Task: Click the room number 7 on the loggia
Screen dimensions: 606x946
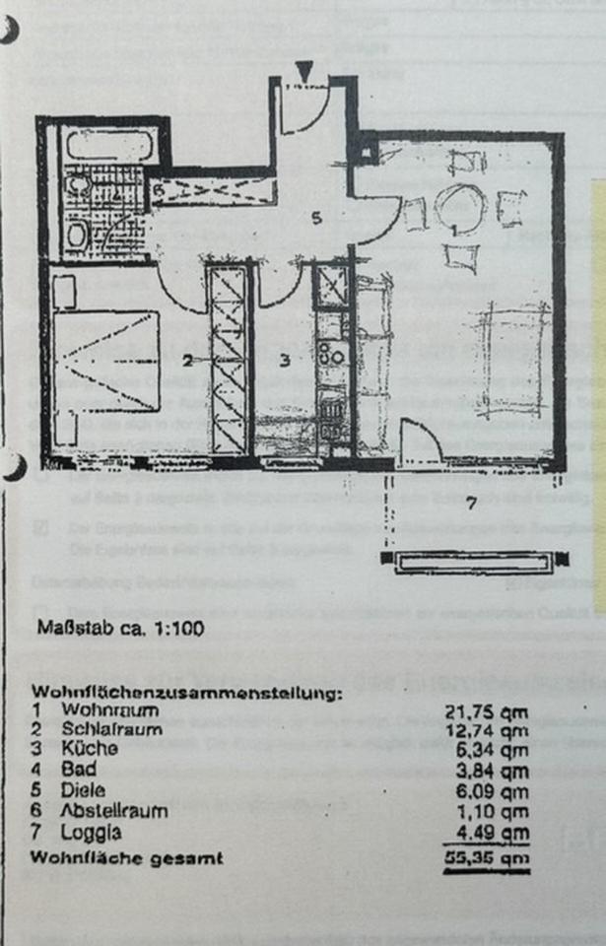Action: point(472,506)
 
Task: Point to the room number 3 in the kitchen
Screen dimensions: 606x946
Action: point(282,359)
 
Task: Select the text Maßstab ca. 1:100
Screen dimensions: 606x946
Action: point(120,629)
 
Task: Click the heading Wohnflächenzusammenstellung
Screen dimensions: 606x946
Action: point(186,693)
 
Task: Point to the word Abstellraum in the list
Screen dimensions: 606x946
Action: point(114,811)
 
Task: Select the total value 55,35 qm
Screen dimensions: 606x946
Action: point(492,857)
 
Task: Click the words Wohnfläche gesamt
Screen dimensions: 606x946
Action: point(127,857)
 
